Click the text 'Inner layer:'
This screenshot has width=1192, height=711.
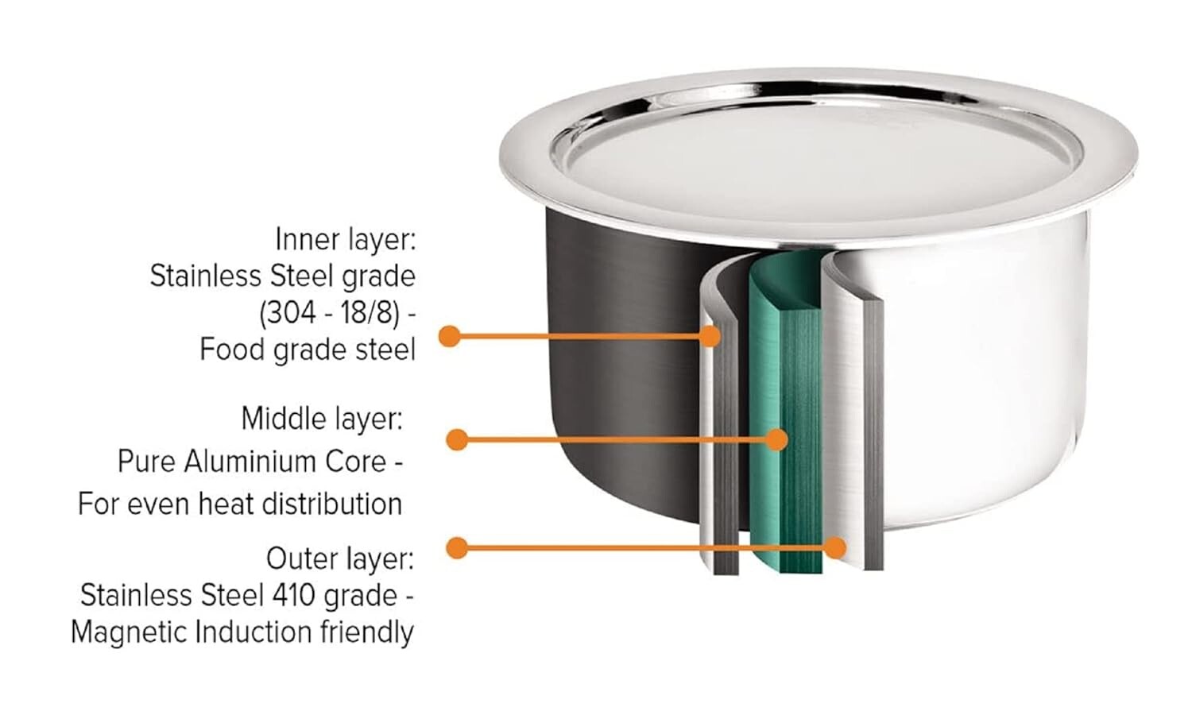tap(346, 240)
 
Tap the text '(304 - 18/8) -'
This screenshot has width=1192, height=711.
tap(338, 313)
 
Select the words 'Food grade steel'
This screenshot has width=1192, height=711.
tap(308, 350)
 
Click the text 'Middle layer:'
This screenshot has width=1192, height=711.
tap(322, 419)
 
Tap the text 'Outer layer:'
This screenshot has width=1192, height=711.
tap(340, 559)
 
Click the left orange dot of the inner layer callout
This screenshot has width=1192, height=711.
tap(450, 336)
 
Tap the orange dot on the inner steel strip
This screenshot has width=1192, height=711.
tap(710, 336)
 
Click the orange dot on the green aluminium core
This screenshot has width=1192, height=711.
tap(777, 440)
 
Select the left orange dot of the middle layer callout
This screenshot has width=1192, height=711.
tap(457, 440)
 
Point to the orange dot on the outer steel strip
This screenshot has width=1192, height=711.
tap(836, 547)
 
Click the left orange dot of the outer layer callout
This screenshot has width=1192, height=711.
tap(457, 547)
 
